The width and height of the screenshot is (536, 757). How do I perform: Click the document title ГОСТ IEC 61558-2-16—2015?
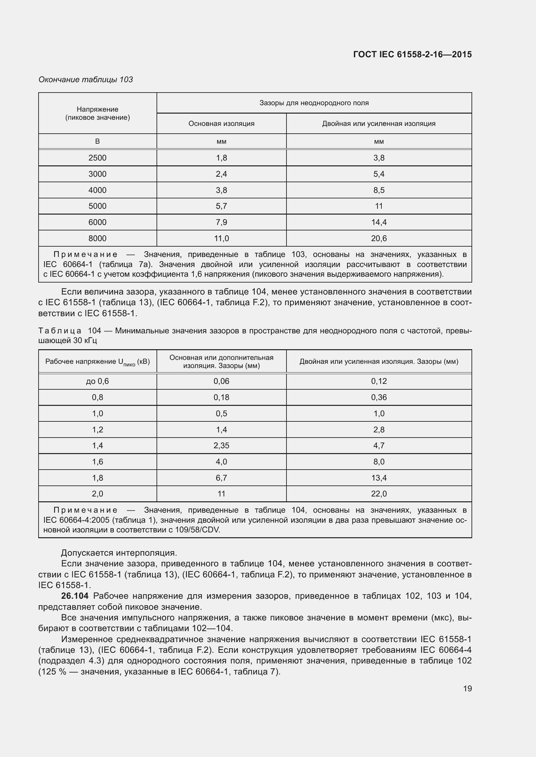pyautogui.click(x=412, y=54)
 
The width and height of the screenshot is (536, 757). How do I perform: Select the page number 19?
pyautogui.click(x=467, y=688)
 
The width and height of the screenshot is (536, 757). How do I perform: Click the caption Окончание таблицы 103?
pyautogui.click(x=86, y=80)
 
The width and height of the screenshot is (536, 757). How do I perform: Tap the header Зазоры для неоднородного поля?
pyautogui.click(x=314, y=103)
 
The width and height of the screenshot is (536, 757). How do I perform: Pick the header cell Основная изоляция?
pyautogui.click(x=221, y=124)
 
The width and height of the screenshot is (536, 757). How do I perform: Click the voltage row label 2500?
pyautogui.click(x=97, y=158)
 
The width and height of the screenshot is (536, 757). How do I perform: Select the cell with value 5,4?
pyautogui.click(x=379, y=174)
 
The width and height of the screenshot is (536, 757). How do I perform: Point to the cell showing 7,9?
pyautogui.click(x=221, y=222)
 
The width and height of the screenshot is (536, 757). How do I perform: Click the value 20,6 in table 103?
pyautogui.click(x=379, y=239)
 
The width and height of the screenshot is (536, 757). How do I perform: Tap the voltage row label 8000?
pyautogui.click(x=97, y=239)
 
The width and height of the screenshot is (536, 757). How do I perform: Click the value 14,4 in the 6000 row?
pyautogui.click(x=379, y=222)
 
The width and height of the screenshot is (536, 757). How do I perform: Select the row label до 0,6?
pyautogui.click(x=97, y=382)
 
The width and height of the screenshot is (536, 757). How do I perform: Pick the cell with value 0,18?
pyautogui.click(x=221, y=398)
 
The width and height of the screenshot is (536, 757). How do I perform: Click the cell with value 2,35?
pyautogui.click(x=221, y=446)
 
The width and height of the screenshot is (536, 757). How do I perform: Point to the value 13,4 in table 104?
pyautogui.click(x=379, y=478)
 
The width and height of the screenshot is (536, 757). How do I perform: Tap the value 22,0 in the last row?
pyautogui.click(x=379, y=494)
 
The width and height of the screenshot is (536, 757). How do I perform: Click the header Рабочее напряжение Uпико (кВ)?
pyautogui.click(x=97, y=362)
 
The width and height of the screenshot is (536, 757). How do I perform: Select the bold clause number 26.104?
pyautogui.click(x=75, y=596)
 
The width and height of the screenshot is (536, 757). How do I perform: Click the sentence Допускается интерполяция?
pyautogui.click(x=119, y=553)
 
